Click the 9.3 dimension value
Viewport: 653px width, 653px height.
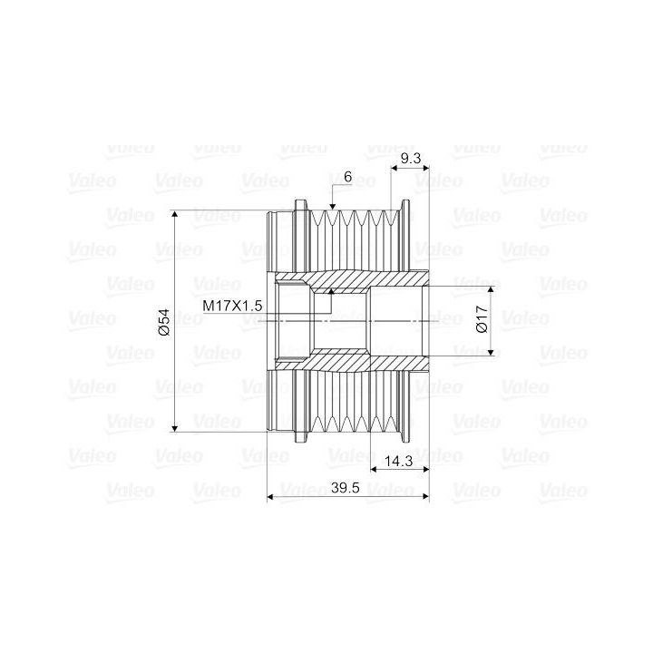pos(410,158)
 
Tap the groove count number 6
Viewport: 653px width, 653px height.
pos(347,177)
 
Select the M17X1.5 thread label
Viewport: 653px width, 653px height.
pos(232,307)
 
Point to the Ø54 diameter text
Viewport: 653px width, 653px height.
pos(164,321)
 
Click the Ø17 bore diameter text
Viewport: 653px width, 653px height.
pos(482,319)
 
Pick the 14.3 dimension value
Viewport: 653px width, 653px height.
pos(398,461)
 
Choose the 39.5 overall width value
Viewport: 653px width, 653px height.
pos(346,488)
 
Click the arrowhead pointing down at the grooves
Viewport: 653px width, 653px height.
pos(332,206)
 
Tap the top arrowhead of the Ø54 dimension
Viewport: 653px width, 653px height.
pos(175,214)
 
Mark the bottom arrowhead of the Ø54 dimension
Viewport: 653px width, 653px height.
pos(175,428)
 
